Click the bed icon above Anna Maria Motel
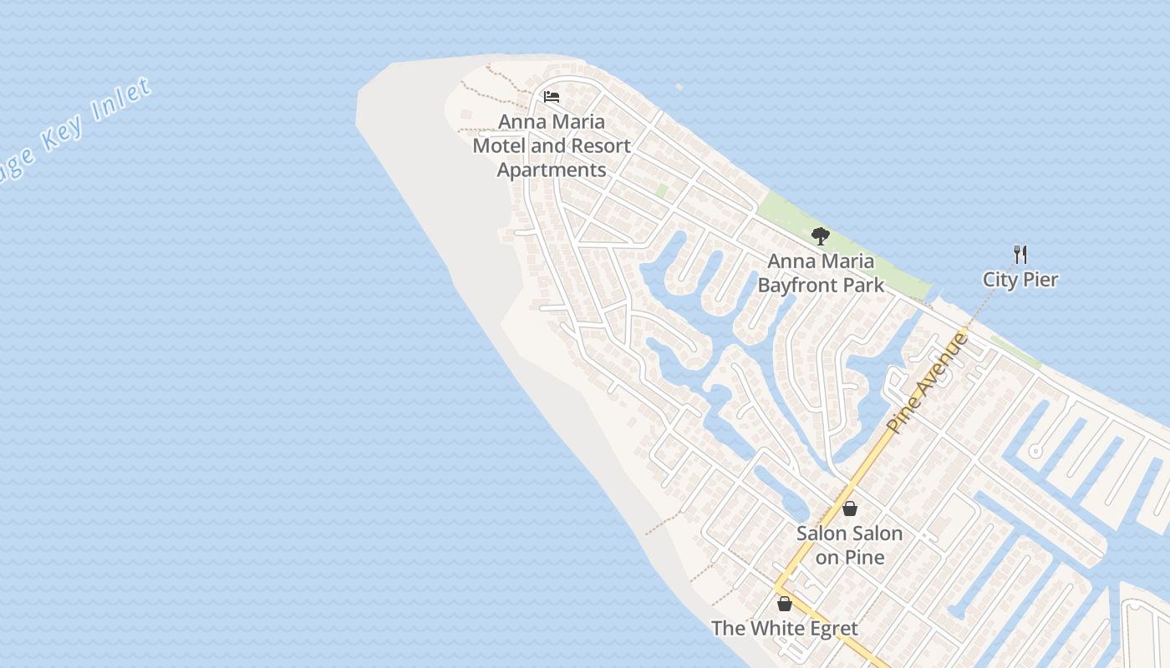551,97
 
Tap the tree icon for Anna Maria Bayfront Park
820,236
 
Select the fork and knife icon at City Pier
1020,255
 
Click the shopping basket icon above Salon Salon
850,509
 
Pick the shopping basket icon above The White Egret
784,604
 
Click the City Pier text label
1020,280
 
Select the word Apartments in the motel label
552,170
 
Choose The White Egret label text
784,629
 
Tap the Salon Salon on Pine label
849,544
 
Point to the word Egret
829,629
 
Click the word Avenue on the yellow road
943,363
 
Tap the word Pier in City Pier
1041,280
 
